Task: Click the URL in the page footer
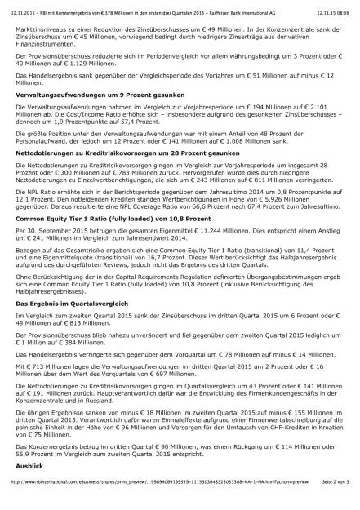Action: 147,505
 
